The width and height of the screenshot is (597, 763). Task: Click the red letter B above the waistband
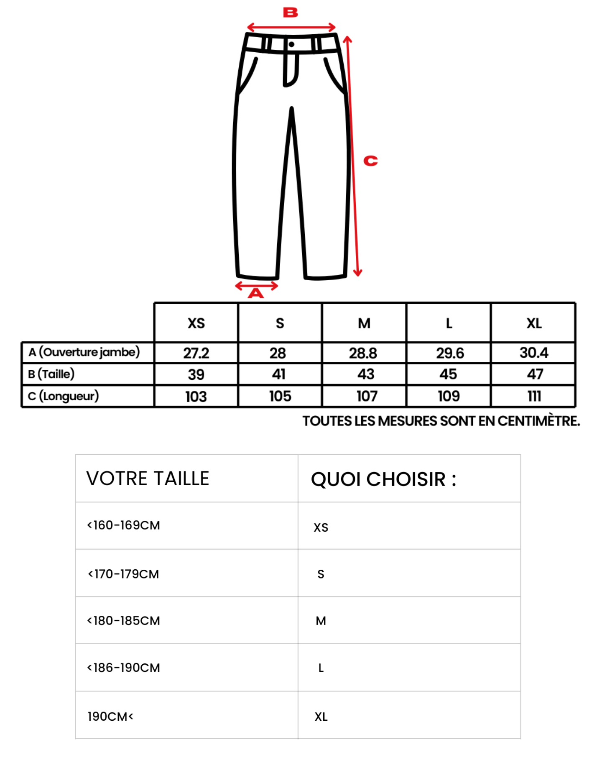point(291,13)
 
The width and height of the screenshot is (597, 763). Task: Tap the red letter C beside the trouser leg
point(370,161)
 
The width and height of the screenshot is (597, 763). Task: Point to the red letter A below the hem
point(256,293)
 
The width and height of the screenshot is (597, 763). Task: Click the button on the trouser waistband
point(291,44)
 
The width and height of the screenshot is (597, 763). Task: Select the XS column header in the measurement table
point(196,323)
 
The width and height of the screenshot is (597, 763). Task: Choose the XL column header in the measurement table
point(534,323)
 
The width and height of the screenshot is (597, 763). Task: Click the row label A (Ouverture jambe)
point(84,352)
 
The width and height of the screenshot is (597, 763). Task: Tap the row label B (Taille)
point(51,374)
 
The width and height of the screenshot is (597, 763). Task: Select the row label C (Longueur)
point(64,396)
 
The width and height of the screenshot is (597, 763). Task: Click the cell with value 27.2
point(196,353)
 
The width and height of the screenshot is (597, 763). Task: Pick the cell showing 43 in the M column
point(365,374)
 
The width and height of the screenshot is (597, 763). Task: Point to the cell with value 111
point(534,396)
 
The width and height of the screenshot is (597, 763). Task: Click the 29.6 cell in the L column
point(450,353)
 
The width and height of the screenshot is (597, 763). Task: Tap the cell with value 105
point(280,396)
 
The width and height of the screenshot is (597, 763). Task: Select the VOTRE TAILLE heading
point(148,479)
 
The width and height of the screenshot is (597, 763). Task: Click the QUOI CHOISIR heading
point(383,479)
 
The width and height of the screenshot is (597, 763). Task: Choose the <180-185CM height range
point(124,621)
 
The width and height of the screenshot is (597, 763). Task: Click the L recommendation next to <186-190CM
point(321,668)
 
